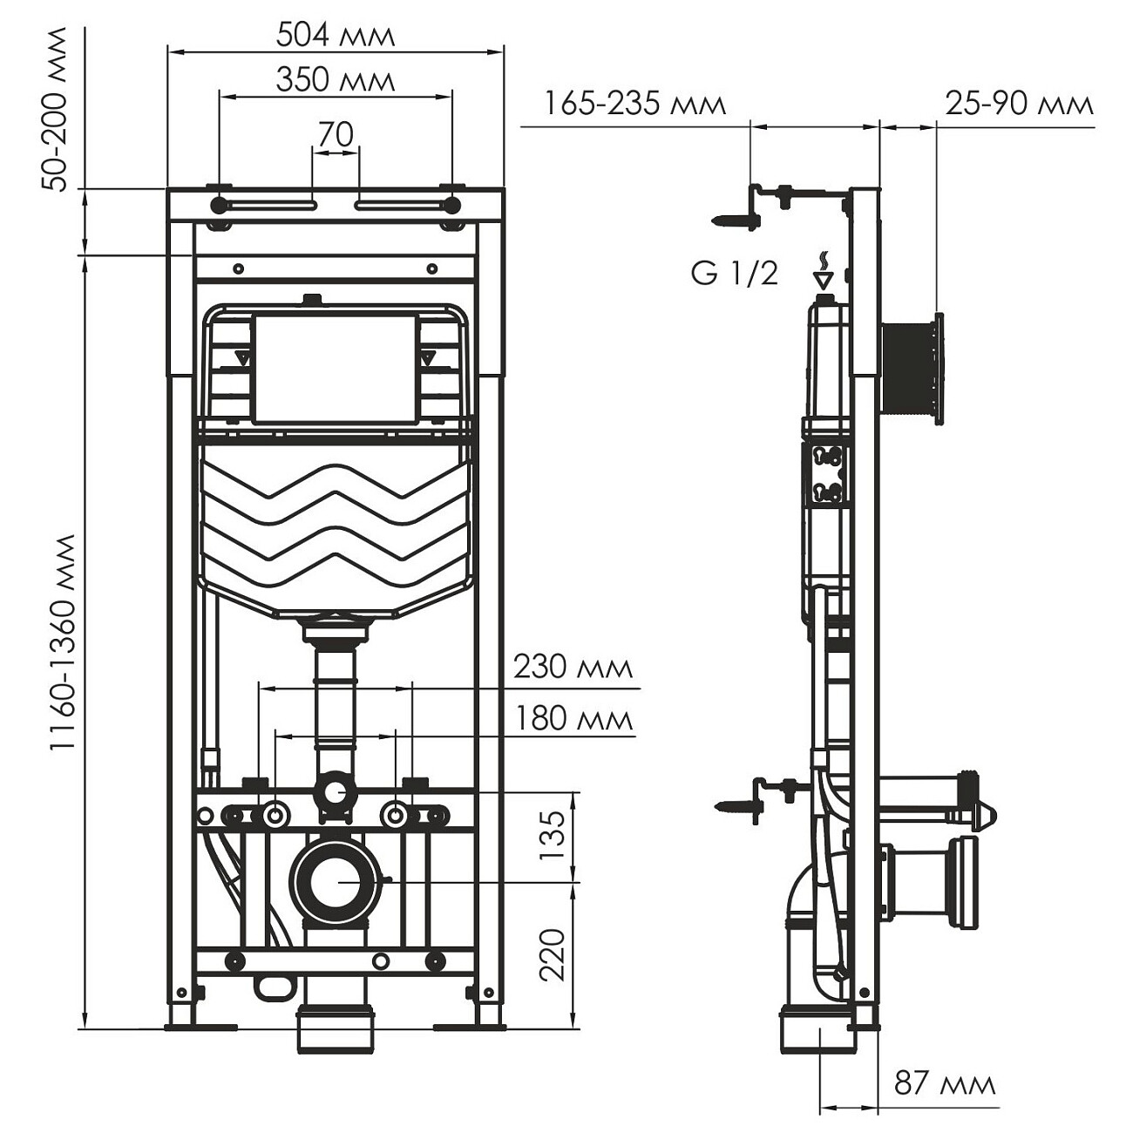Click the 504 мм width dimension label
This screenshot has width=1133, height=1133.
coord(336,35)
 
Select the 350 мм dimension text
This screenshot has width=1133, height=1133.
coord(336,80)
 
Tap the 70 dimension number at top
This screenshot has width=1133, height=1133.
coord(336,135)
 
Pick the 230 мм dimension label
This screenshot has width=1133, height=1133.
coord(573,668)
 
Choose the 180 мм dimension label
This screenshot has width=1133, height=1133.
coord(573,719)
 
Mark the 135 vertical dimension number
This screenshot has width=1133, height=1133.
coord(553,836)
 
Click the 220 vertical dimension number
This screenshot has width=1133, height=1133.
coord(553,955)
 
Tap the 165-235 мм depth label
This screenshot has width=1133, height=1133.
coord(634,105)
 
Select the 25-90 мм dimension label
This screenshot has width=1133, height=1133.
coord(1019,105)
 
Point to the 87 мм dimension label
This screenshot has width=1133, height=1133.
coord(945,1084)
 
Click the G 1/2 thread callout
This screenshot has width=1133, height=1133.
coord(734,274)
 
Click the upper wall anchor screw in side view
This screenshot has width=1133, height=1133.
coord(735,221)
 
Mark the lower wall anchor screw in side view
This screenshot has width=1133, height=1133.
coord(735,808)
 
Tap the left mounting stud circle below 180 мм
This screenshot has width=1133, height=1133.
coord(276,816)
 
